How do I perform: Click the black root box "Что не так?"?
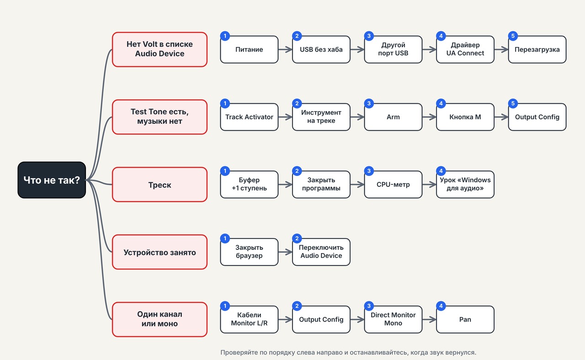point(52,180)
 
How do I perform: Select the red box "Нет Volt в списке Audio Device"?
point(160,49)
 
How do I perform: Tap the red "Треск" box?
point(160,185)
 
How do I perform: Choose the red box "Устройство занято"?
point(160,252)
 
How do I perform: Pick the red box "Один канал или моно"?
point(160,319)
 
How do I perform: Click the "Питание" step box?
point(249,49)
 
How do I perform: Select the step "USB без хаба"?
point(321,49)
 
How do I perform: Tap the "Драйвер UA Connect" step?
point(465,49)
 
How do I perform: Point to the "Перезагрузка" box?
point(537,49)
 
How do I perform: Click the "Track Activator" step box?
point(249,117)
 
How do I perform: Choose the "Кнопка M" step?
point(465,117)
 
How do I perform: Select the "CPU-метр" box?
point(393,185)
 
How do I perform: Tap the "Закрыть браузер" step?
point(249,252)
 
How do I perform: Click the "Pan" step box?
point(465,319)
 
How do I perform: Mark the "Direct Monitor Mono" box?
point(393,319)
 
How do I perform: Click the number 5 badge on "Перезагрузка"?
point(513,36)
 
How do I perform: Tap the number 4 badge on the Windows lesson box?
point(441,171)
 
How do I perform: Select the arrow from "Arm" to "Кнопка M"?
point(429,117)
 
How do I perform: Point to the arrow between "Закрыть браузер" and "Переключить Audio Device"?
point(285,252)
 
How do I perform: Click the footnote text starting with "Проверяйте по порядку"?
point(348,352)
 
